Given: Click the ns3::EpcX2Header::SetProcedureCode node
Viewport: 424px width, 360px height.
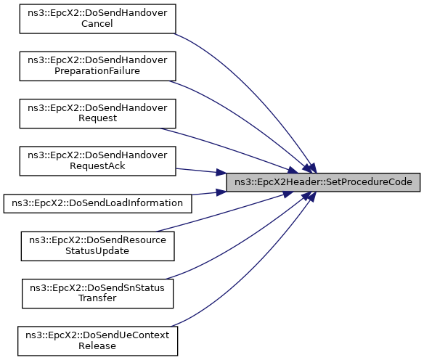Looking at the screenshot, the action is pyautogui.click(x=323, y=182).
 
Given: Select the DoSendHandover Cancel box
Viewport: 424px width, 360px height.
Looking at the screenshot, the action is pyautogui.click(x=97, y=19).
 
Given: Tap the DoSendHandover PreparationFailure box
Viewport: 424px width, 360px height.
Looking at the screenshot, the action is pyautogui.click(x=97, y=66).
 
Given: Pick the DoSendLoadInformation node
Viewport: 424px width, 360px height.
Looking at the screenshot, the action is pyautogui.click(x=97, y=203).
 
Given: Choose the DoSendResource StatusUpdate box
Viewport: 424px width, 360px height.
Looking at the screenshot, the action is pyautogui.click(x=97, y=246).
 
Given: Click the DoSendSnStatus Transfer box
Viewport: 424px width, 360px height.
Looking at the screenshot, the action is pyautogui.click(x=97, y=293).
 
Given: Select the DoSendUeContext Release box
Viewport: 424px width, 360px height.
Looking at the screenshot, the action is pyautogui.click(x=97, y=341).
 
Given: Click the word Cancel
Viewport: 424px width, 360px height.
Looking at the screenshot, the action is pyautogui.click(x=97, y=24).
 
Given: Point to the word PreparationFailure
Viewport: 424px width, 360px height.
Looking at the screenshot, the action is pyautogui.click(x=97, y=71).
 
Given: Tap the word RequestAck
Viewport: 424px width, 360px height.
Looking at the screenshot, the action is pyautogui.click(x=97, y=166).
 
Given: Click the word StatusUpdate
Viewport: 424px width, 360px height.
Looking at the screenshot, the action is pyautogui.click(x=97, y=251).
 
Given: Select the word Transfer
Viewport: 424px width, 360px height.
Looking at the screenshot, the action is pyautogui.click(x=97, y=298).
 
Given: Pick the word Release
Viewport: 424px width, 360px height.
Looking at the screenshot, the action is pyautogui.click(x=97, y=345).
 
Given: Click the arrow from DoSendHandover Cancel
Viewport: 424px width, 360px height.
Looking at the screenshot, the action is pyautogui.click(x=257, y=89).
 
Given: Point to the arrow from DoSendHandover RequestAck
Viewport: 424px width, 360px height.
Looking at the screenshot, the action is pyautogui.click(x=201, y=171).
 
